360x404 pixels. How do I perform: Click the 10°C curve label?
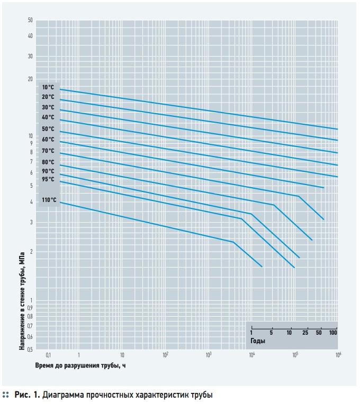click(48, 87)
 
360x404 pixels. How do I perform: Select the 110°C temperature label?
click(49, 200)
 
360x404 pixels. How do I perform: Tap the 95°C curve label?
click(48, 179)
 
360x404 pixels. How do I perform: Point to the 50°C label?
click(48, 129)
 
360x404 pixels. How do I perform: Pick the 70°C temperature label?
click(48, 151)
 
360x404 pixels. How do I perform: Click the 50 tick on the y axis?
click(30, 20)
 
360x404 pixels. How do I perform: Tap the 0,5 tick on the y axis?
click(30, 350)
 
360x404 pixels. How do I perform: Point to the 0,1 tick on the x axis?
click(48, 355)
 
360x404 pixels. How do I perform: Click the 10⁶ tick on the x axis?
click(337, 355)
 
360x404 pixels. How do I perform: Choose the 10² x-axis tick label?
click(165, 355)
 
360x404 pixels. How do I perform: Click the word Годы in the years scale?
click(258, 342)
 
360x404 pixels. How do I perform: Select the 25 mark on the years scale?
click(305, 333)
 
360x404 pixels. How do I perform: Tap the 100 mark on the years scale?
click(333, 333)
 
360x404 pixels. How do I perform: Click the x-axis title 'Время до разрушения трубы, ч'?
click(81, 365)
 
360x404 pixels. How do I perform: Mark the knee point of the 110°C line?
click(233, 242)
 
